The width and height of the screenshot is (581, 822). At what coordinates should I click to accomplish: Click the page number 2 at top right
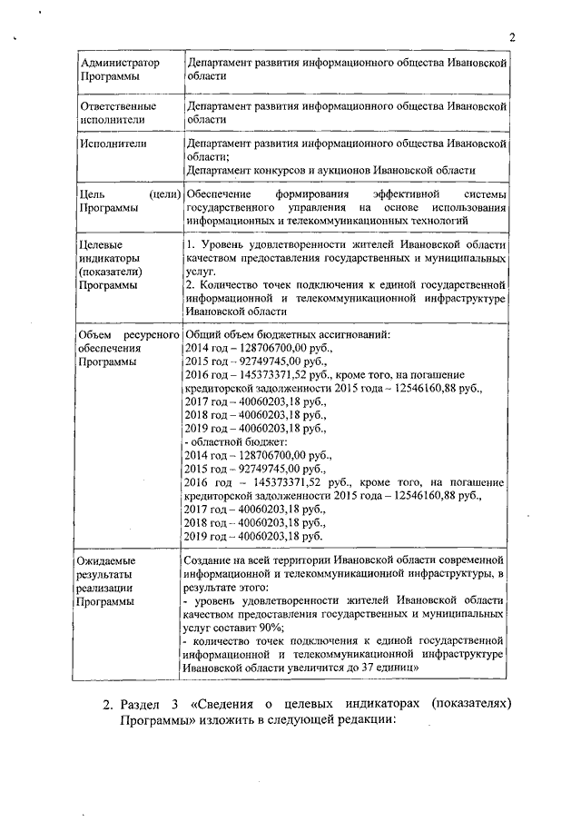point(512,37)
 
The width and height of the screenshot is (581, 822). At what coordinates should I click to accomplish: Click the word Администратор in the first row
point(120,63)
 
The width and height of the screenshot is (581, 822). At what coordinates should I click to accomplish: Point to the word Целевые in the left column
point(101,245)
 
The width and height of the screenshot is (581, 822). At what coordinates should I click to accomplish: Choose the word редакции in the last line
point(359,725)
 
